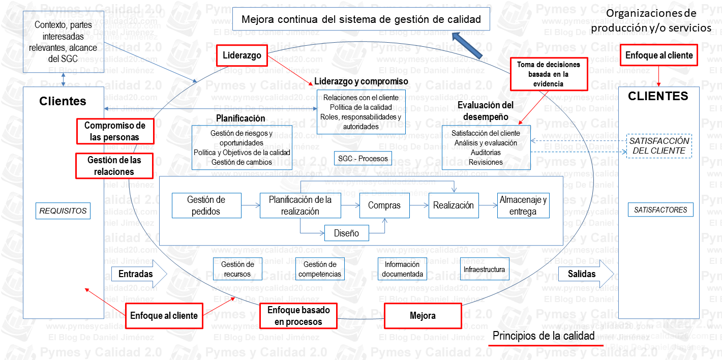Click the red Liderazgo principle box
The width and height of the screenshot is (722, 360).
coord(242,55)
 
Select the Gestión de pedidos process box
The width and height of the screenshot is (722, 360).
coord(206,205)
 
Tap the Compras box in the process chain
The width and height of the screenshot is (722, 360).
coord(384,205)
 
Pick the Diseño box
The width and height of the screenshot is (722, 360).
coord(346,233)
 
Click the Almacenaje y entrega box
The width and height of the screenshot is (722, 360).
coord(523,205)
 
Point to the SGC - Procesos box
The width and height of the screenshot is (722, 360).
coord(363,159)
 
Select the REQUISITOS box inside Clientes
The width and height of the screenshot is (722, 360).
coord(63,211)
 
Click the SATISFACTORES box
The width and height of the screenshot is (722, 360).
coord(660,209)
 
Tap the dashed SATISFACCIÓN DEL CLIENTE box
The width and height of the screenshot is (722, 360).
coord(659,146)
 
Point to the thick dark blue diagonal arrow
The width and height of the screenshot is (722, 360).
coord(467,45)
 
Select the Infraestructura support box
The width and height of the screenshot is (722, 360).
coord(484,269)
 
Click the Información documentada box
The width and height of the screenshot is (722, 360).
coord(402,269)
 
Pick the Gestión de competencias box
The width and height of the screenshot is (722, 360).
coord(320,269)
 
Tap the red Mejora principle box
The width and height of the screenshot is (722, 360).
coord(422,316)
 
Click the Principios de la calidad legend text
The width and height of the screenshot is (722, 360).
coord(543,336)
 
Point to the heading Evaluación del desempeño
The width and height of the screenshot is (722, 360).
coord(485,111)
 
